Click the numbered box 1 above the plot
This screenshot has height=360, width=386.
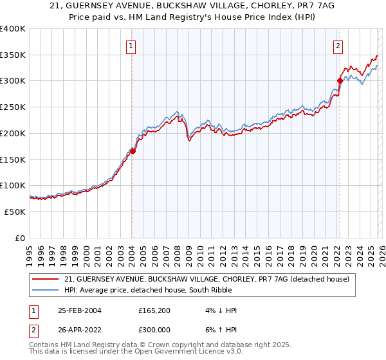(x=131, y=46)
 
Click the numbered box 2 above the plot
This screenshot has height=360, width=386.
(x=338, y=46)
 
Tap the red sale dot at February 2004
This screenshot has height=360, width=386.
(x=133, y=151)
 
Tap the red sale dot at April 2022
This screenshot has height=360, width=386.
(x=340, y=80)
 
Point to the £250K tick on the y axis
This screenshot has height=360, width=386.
(x=13, y=107)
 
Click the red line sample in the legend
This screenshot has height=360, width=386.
(x=46, y=279)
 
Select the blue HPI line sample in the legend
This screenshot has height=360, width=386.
(x=46, y=290)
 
